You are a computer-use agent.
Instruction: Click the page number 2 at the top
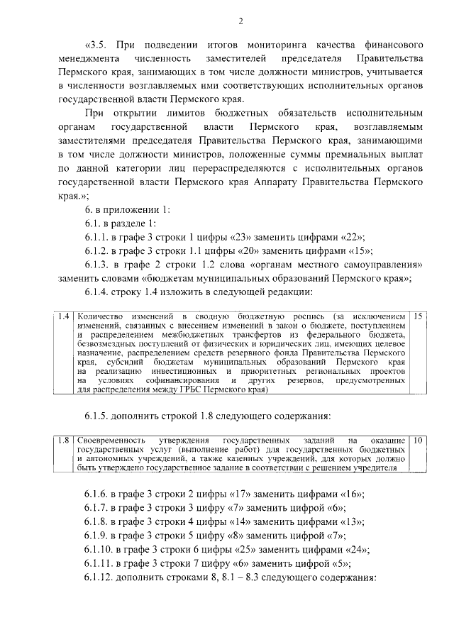click(240, 20)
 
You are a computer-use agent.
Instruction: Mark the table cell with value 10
click(418, 441)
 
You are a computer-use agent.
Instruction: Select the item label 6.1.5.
click(98, 415)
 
